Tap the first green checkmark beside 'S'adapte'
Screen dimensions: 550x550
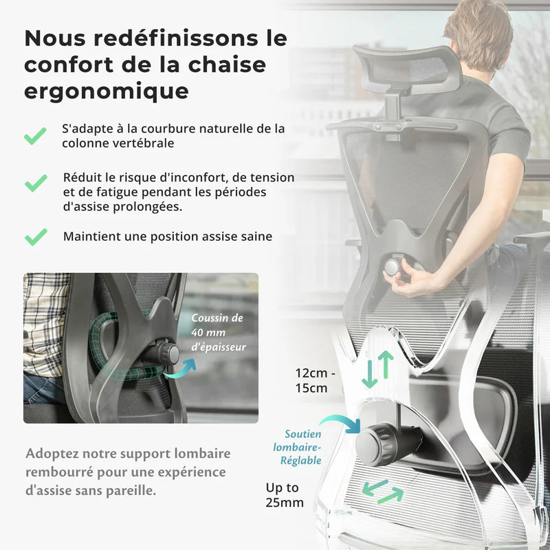tap(36, 135)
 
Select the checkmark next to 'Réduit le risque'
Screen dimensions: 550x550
tap(36, 183)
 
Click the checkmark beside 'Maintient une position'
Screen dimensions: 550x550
tap(36, 237)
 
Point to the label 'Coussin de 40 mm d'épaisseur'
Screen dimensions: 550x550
tap(217, 333)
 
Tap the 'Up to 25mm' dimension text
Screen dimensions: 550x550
tap(285, 495)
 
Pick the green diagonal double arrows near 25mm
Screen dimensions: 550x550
tap(383, 492)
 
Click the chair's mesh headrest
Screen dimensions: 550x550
tap(406, 69)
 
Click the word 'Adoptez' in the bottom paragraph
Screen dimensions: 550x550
tap(51, 454)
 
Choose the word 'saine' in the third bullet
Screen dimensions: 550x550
tap(255, 236)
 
